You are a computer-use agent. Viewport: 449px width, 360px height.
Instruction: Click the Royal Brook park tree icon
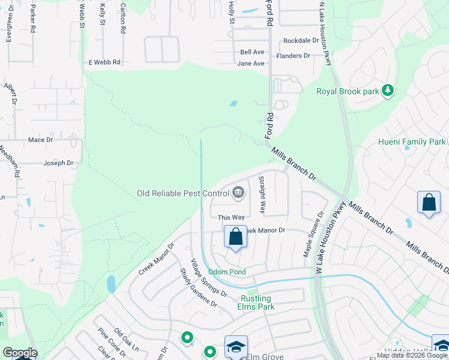(x=388, y=91)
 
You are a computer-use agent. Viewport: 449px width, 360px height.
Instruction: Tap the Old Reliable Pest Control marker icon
(x=238, y=193)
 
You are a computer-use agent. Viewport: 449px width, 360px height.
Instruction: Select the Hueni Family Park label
(x=412, y=142)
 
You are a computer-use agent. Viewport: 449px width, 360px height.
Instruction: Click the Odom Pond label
(x=227, y=272)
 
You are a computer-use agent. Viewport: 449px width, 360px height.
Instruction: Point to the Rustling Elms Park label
(x=257, y=302)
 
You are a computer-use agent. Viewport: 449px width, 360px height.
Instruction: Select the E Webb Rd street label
(x=104, y=62)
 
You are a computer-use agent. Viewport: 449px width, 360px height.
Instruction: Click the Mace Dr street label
(x=41, y=140)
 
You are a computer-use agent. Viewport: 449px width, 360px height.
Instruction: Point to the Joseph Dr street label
(x=58, y=163)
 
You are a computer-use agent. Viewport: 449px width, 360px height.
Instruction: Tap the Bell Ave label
(x=252, y=52)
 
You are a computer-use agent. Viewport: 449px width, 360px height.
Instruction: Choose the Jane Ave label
(x=251, y=63)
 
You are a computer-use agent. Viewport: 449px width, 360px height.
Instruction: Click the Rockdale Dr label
(x=301, y=41)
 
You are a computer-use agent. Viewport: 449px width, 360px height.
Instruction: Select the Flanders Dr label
(x=293, y=56)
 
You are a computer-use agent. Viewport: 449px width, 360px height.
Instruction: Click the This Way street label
(x=231, y=217)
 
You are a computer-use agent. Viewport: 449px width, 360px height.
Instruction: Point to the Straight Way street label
(x=262, y=195)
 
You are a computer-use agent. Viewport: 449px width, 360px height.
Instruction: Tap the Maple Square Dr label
(x=313, y=235)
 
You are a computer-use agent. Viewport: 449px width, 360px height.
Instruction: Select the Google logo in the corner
(x=20, y=353)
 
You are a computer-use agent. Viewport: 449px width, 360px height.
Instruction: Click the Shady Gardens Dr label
(x=198, y=287)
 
